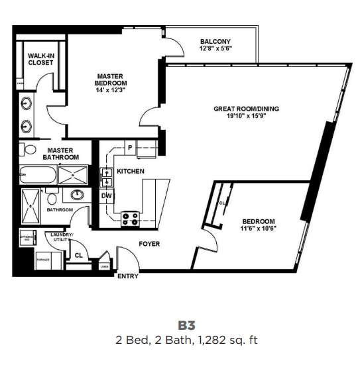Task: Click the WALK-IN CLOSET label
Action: click(40, 58)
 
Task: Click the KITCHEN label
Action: click(130, 171)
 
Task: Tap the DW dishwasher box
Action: click(106, 196)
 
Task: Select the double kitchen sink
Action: click(106, 177)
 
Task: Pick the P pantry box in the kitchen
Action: click(130, 147)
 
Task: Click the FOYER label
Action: click(149, 244)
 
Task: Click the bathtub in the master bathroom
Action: click(36, 176)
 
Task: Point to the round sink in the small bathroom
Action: click(77, 195)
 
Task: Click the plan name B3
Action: click(186, 326)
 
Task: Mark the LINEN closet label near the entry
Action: click(104, 266)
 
